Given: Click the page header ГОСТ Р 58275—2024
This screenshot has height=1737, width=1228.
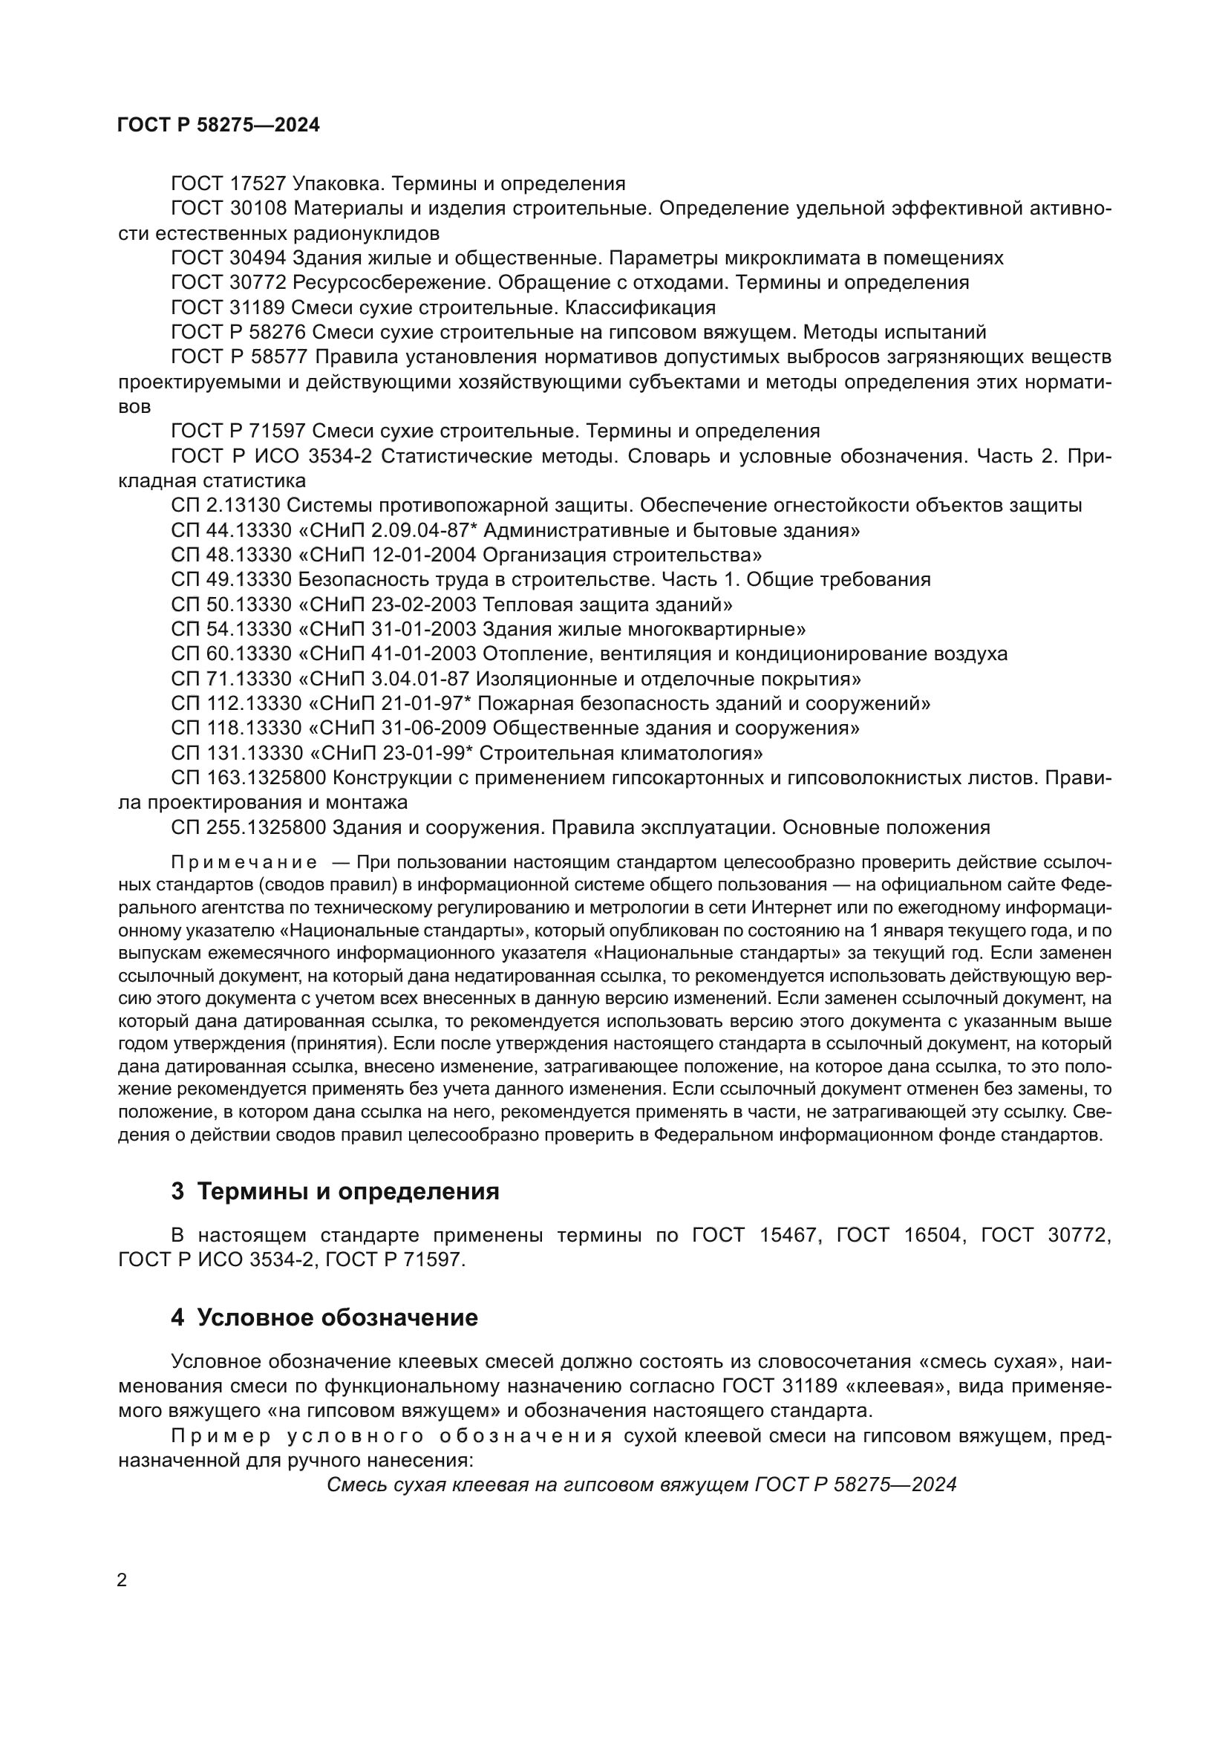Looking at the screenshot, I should coord(218,125).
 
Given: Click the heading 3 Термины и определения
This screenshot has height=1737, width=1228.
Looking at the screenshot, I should coord(335,1191).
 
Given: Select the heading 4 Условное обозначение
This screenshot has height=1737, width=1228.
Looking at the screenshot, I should coord(324,1318).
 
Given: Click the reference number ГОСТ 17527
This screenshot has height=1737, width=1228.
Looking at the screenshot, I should coord(229,184).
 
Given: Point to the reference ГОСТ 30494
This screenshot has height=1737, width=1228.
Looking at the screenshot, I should coord(229,258).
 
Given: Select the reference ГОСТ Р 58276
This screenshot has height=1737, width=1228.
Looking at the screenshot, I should coord(238,333).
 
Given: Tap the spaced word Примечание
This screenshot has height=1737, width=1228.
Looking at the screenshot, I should coord(244,863).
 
